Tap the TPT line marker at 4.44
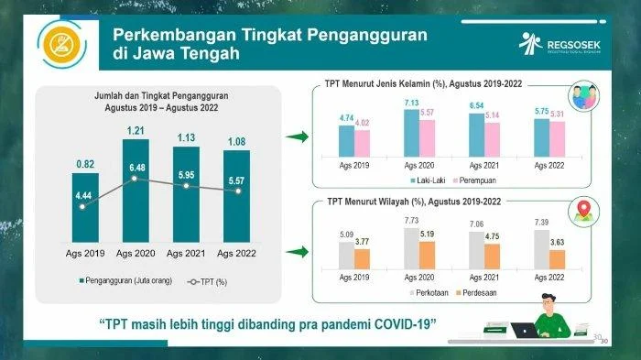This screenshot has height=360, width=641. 82,207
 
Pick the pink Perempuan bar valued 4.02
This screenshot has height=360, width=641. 362,145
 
